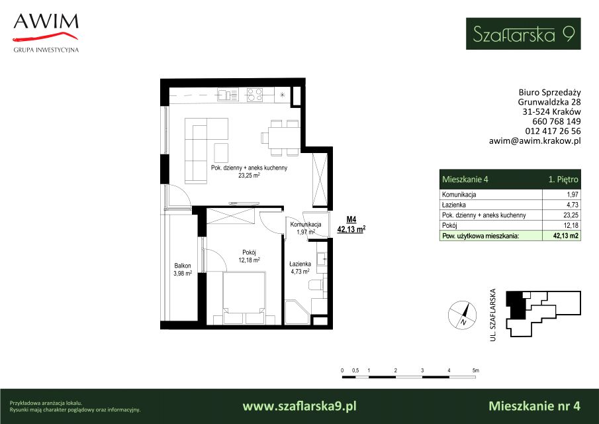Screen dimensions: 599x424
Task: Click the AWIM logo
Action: pos(46,33)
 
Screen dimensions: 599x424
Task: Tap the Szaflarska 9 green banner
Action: pos(523,34)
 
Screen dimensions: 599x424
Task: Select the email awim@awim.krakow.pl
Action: pos(535,140)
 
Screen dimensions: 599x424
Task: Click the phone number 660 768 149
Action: pos(557,121)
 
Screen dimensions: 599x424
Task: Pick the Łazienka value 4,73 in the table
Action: pos(573,205)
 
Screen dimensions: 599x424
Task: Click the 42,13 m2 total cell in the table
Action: pos(566,236)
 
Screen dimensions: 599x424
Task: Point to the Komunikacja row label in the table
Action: pos(459,194)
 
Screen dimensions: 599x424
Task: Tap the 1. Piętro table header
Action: pos(563,180)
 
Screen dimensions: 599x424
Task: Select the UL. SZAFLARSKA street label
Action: pos(493,315)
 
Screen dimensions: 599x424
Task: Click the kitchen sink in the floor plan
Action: pos(228,95)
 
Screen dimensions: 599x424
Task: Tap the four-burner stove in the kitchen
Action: pos(254,95)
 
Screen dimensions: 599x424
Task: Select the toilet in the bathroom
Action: pos(316,285)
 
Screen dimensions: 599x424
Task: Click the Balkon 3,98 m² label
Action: pos(183,269)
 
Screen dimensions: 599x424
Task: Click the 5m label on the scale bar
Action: pos(475,370)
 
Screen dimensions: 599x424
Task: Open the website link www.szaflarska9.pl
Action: pos(299,406)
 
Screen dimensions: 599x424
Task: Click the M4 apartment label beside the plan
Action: pos(351,219)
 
